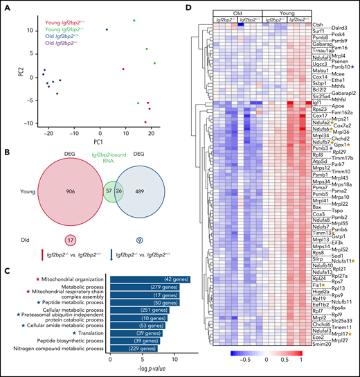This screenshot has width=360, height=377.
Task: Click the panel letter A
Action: click(x=5, y=6)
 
